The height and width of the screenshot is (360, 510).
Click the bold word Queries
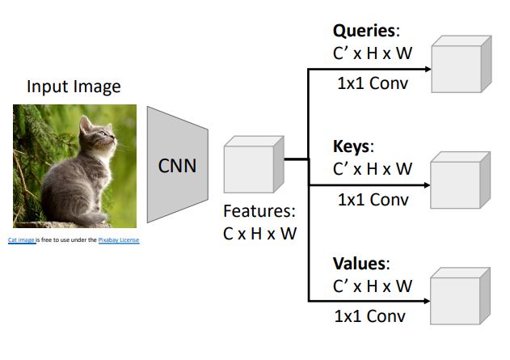coord(365,32)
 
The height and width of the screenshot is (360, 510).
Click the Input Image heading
coord(74,87)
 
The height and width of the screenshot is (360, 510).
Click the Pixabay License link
coord(119,240)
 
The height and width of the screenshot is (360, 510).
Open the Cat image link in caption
coord(21,240)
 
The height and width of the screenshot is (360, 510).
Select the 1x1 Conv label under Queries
coord(372,83)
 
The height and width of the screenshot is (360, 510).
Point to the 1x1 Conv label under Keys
coord(372,199)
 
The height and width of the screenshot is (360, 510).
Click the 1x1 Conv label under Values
coord(372,316)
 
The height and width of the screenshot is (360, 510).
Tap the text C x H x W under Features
coord(259,234)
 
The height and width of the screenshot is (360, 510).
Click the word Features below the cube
coord(259,213)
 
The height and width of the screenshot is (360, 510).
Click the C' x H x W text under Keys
coord(372,169)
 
